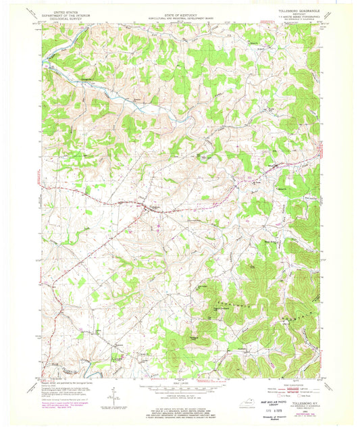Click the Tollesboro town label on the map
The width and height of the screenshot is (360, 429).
[153, 207]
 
